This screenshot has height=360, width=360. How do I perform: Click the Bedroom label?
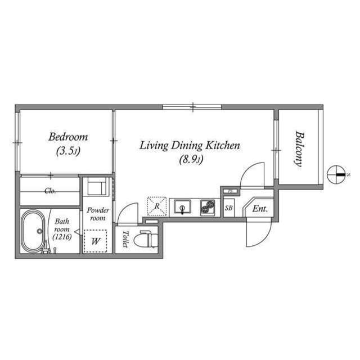[x=68, y=137]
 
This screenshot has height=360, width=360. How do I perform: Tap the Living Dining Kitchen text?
[x=190, y=146]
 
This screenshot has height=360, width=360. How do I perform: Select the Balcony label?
[x=299, y=148]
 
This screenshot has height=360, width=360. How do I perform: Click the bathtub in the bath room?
[x=33, y=231]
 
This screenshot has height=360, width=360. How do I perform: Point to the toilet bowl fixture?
[x=148, y=239]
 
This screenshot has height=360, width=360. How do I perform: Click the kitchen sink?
[x=182, y=207]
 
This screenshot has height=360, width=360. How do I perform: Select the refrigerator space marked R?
[x=157, y=206]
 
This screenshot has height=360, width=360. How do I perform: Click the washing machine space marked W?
[x=95, y=241]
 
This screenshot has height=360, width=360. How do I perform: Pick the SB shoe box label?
[x=229, y=208]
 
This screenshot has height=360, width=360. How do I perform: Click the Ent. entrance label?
[x=260, y=209]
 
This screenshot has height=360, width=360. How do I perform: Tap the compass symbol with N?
[x=337, y=175]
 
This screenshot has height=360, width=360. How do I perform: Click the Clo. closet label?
[x=50, y=191]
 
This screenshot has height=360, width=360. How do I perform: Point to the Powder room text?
[x=98, y=214]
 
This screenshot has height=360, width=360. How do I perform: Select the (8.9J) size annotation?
[x=191, y=160]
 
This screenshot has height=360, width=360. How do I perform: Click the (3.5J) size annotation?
[x=68, y=151]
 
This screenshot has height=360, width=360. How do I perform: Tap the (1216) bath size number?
[x=62, y=237]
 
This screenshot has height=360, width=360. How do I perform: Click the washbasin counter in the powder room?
[x=97, y=187]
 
